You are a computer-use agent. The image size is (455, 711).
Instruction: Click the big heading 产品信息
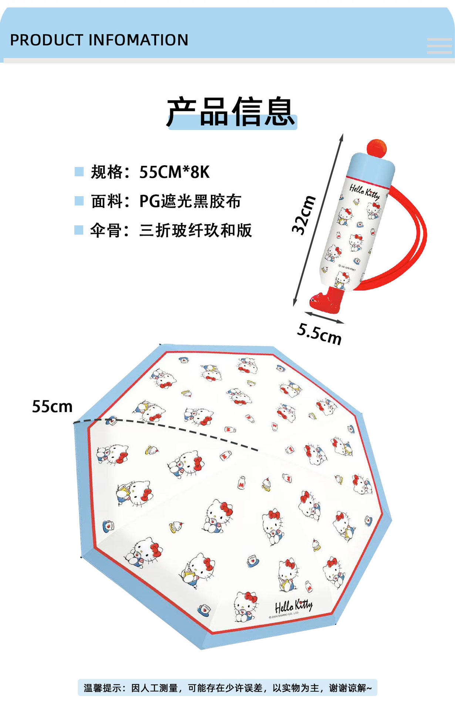pos(231,111)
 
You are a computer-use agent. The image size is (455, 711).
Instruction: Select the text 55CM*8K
pos(175,172)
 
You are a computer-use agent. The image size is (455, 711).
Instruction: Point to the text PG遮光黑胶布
pos(190,201)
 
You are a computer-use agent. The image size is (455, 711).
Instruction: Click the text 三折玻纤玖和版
pos(196,230)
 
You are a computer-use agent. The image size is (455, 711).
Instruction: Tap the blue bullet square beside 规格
pos(79,171)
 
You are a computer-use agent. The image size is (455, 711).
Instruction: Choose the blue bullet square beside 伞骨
pos(79,230)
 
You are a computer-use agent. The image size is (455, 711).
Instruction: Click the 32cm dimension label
pos(304,215)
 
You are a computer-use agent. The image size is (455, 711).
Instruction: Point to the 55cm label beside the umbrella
pos(52,406)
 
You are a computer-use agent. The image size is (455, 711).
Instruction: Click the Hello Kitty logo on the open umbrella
pos(293,606)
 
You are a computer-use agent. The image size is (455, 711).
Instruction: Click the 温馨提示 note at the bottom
pos(227,688)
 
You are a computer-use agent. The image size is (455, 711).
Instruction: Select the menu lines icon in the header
pos(439,46)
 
